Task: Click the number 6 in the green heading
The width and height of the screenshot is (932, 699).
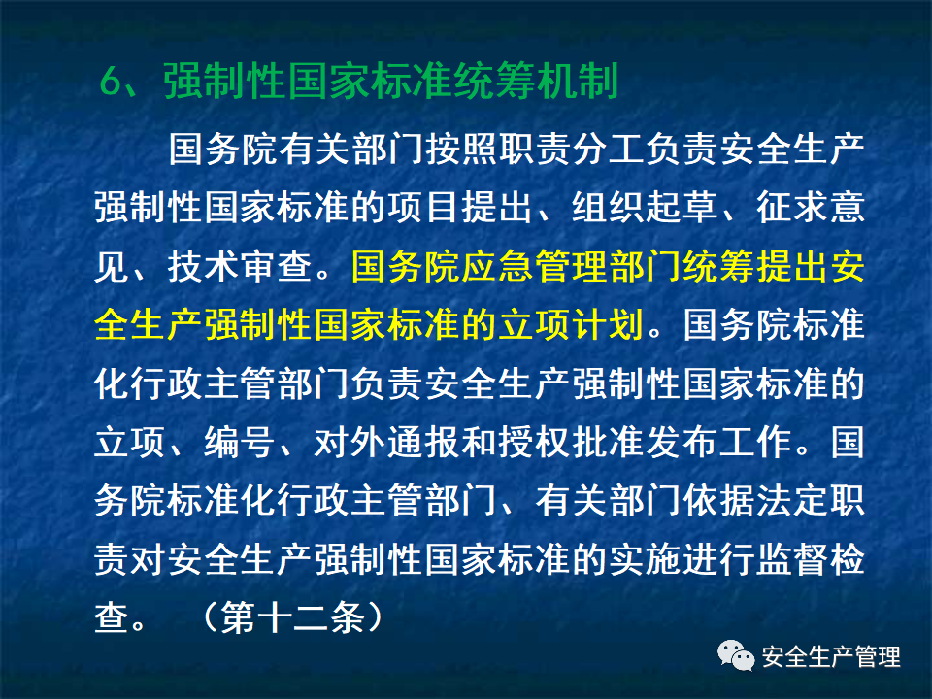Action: pos(110,83)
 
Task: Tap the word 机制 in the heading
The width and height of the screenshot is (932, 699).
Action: pos(582,83)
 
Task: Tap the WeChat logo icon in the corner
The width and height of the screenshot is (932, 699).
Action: pos(736,657)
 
